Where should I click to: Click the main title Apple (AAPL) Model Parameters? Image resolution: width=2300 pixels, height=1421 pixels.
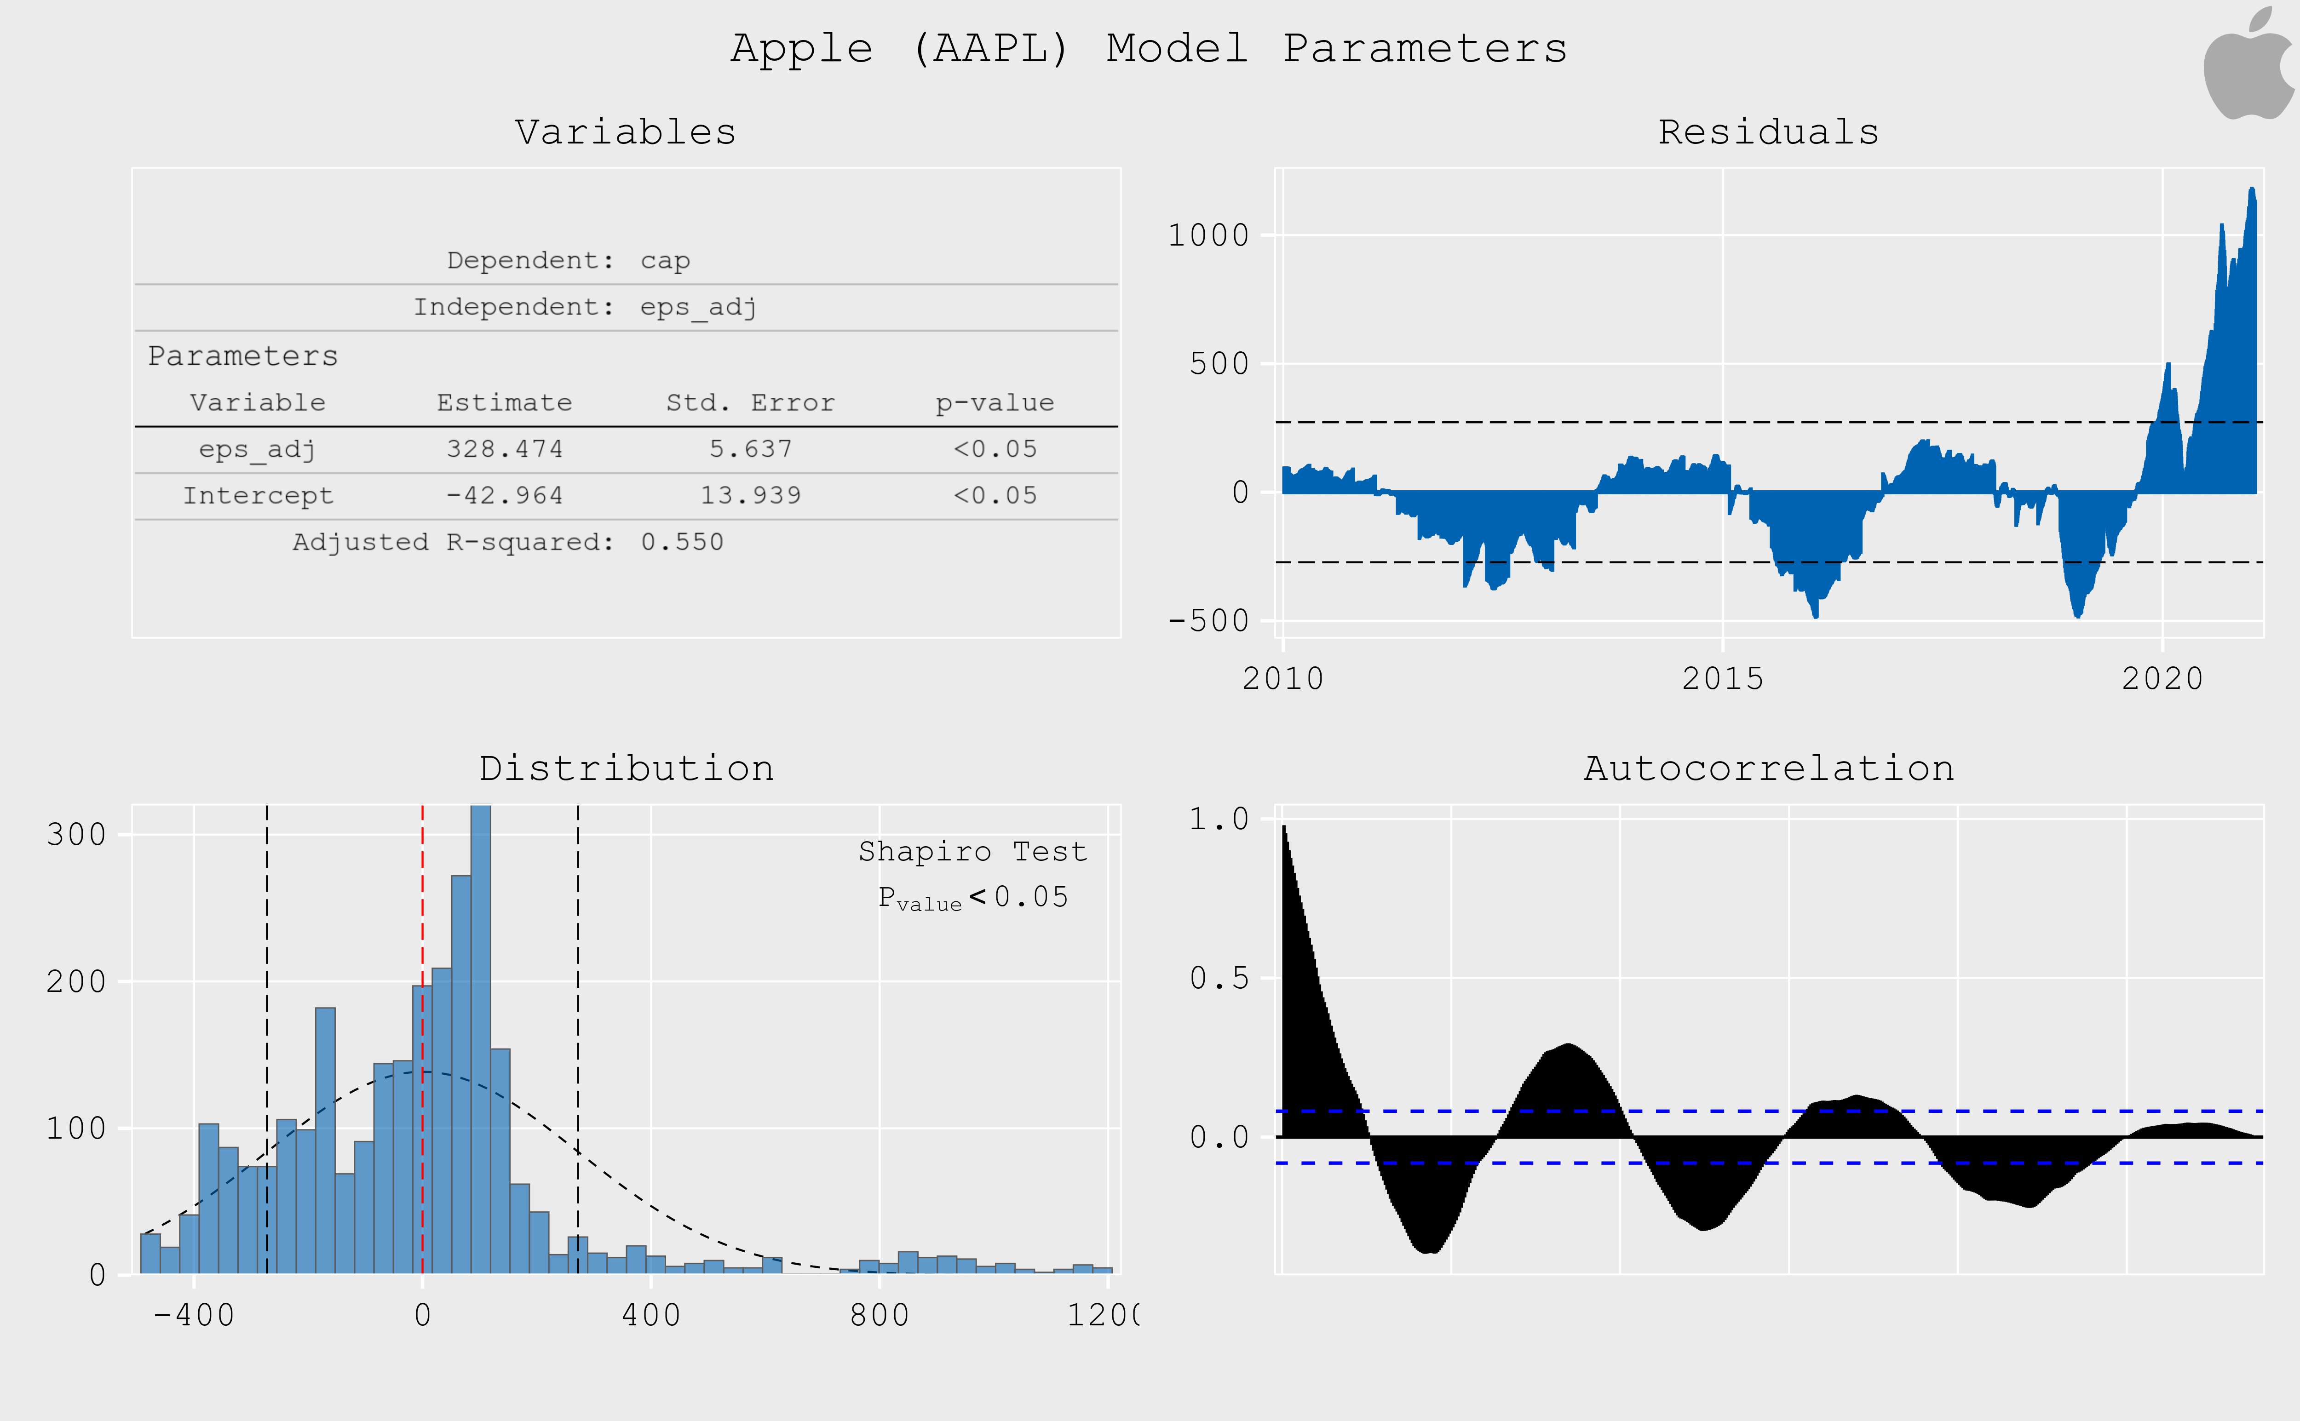click(x=1149, y=49)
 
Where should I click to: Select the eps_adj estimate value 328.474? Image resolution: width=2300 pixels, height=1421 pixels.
click(x=505, y=449)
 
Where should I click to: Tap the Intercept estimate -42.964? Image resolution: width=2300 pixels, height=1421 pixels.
click(x=505, y=495)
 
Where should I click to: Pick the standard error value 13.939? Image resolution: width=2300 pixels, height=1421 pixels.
click(x=750, y=495)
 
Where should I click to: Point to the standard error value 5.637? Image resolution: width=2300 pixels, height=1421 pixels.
click(x=750, y=449)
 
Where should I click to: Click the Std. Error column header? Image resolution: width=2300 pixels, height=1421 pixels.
click(x=750, y=403)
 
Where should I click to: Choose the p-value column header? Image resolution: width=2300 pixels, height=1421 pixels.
click(x=995, y=403)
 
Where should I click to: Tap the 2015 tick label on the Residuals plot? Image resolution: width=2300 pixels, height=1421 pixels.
click(x=1722, y=679)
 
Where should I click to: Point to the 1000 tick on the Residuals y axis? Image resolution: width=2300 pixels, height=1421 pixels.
click(x=1208, y=235)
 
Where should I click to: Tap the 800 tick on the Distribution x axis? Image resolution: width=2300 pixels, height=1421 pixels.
click(x=879, y=1315)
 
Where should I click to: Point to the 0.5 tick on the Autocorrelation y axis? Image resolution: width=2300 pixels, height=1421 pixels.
click(x=1219, y=978)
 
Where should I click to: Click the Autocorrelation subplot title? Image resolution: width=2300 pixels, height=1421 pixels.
click(x=1768, y=769)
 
